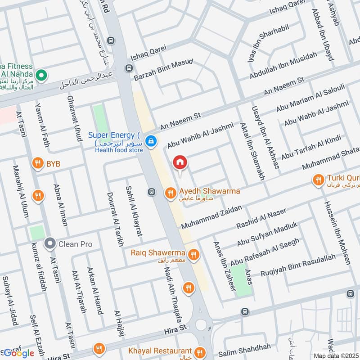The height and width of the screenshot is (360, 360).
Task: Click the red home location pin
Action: coord(180,162)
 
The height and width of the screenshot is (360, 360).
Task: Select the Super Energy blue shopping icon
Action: coord(152,141)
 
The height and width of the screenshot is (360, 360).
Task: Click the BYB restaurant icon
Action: coord(38,163)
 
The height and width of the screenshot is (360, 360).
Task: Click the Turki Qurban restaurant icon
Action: coord(319,180)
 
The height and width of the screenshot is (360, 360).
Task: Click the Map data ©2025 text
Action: coord(336,356)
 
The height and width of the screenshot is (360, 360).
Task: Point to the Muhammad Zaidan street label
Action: coord(211,217)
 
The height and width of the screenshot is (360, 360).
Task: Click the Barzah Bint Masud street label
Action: coord(164,69)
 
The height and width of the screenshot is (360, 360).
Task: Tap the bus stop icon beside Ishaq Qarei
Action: coord(129,68)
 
